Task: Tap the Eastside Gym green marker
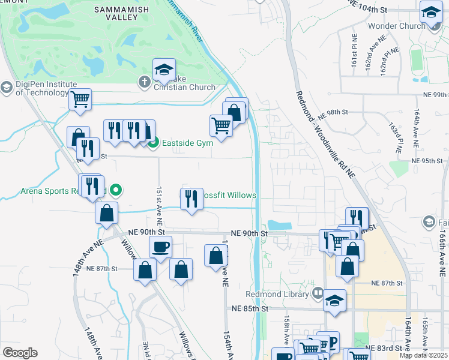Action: (153, 143)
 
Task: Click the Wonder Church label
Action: (396, 26)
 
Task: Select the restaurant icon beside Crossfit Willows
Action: (191, 198)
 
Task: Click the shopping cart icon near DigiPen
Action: (80, 98)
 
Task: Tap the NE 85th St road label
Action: (249, 308)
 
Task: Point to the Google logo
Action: (20, 352)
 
